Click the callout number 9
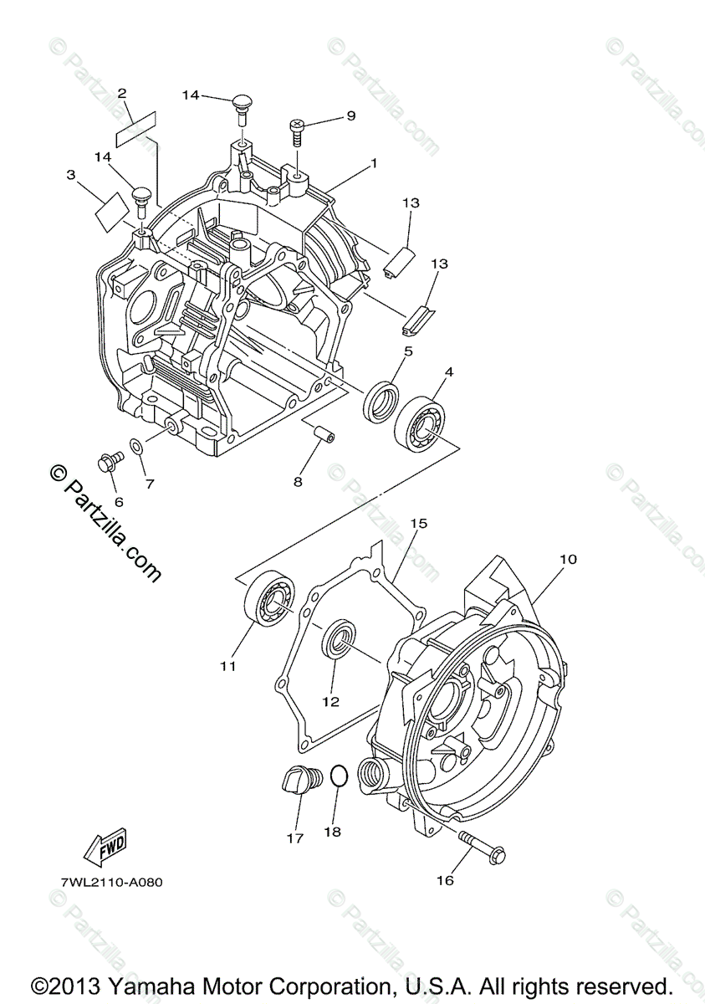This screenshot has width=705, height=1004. coord(350,116)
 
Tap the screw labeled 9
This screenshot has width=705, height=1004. coord(298,131)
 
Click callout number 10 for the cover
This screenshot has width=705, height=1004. coord(568,559)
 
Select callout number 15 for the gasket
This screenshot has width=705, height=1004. coord(418,524)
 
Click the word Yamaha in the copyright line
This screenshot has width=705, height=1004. coord(153,985)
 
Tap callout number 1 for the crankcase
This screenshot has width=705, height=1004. coord(374,163)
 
